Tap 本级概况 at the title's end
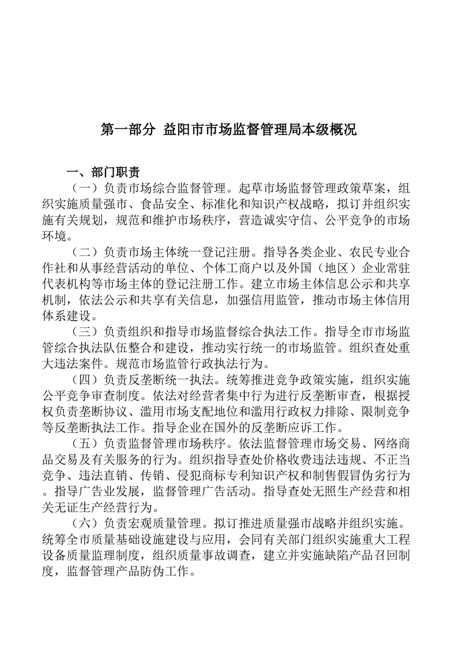click(x=331, y=129)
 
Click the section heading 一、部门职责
click(x=102, y=172)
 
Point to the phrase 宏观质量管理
click(x=169, y=524)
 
